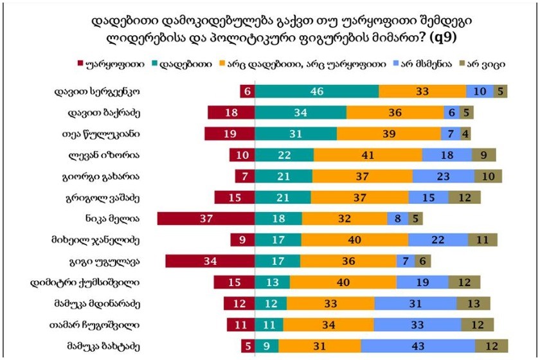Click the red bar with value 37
206,219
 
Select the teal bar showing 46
316,92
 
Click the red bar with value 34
210,261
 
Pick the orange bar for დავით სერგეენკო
422,92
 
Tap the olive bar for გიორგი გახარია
488,176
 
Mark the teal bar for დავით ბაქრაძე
300,113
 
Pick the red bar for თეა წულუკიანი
230,134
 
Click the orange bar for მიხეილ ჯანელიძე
354,240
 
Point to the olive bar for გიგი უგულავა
422,261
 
